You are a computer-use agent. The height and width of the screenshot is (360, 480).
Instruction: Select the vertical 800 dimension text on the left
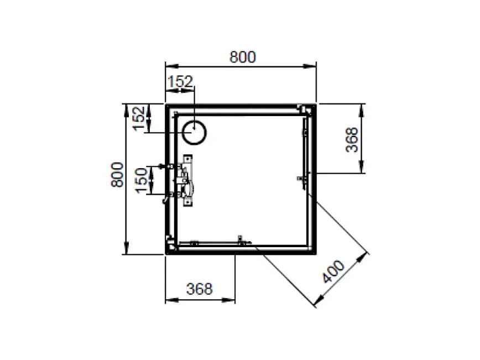pos(117,174)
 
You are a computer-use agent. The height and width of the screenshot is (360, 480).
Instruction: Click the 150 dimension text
pos(142,180)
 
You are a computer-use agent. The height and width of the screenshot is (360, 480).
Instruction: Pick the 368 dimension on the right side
pos(352,139)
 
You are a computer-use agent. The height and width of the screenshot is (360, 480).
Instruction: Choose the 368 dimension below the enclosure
pos(200,289)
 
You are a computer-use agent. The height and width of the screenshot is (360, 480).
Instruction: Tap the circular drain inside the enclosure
pos(195,133)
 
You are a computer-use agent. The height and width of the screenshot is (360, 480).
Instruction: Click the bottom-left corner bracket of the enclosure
pos(170,243)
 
